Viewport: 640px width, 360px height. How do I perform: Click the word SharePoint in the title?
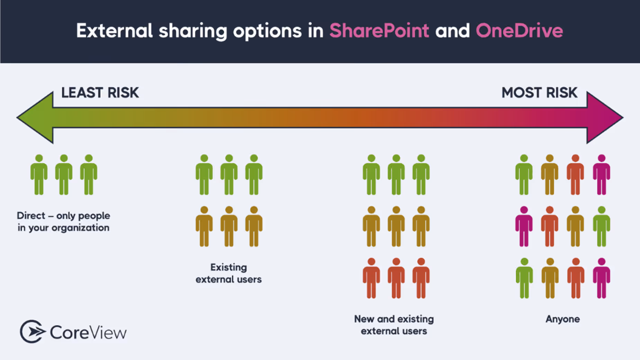click(x=379, y=31)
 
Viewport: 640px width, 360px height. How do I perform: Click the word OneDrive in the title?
click(x=519, y=31)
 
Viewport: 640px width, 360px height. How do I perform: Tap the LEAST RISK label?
click(x=100, y=93)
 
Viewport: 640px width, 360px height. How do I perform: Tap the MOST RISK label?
click(x=539, y=93)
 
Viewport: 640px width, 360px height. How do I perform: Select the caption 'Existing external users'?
click(x=228, y=273)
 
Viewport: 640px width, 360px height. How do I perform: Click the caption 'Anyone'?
click(x=562, y=319)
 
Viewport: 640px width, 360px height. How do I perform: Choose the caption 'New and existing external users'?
click(x=394, y=325)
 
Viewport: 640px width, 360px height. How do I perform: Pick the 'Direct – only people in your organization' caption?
click(x=63, y=222)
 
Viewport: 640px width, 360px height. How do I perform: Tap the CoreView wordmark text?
click(x=88, y=333)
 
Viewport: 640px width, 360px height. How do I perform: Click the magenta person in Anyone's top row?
click(x=602, y=175)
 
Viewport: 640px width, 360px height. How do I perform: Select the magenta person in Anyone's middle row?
click(x=524, y=227)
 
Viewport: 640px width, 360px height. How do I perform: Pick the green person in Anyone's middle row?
click(x=602, y=227)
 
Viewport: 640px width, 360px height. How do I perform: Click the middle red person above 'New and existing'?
click(x=396, y=278)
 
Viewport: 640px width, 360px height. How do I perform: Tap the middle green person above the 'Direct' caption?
click(x=64, y=175)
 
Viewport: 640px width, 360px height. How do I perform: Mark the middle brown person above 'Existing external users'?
click(x=229, y=227)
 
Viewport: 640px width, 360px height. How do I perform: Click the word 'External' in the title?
click(x=114, y=31)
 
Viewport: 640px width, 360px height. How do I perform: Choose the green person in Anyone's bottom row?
click(x=524, y=278)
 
